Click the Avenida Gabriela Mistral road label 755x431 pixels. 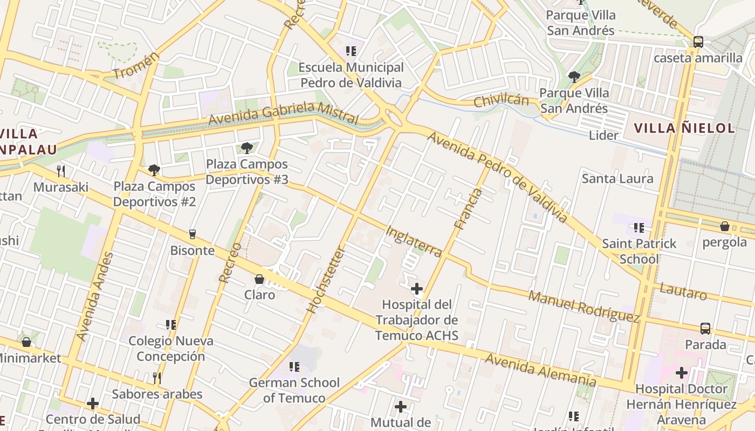pos(283,114)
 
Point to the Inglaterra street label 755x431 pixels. pos(414,241)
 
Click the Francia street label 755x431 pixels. pos(468,209)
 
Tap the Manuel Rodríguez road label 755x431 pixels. pos(584,306)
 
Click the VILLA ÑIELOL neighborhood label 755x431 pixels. pos(684,128)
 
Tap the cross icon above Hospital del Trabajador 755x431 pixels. pos(417,289)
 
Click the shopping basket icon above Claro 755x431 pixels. pos(259,279)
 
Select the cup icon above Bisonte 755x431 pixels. pos(193,234)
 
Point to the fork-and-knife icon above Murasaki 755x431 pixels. pos(61,171)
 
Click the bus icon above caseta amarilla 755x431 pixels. pos(698,42)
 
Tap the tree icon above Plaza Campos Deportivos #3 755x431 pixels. pos(247,148)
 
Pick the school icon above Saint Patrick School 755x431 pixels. pos(639,228)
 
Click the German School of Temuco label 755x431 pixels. pos(294,391)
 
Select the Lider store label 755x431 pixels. pos(603,135)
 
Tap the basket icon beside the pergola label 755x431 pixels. pos(725,227)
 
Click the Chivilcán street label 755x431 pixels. pos(501,101)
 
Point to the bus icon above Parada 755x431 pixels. pos(705,328)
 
